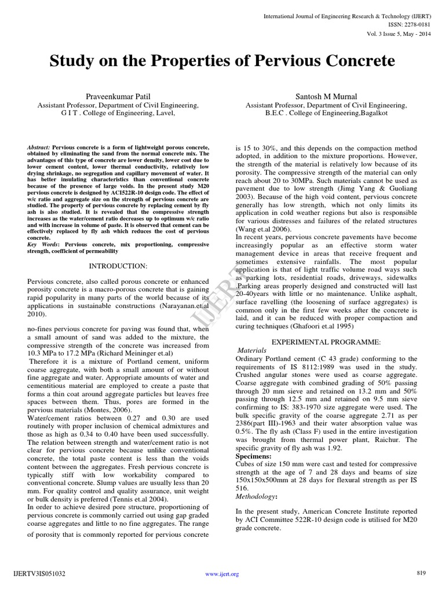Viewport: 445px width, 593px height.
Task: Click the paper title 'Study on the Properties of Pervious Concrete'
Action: coord(222,61)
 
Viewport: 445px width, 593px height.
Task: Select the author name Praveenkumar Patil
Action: coord(118,97)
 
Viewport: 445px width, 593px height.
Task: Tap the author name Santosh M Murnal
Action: coord(326,97)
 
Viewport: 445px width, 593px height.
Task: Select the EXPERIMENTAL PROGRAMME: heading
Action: coord(327,343)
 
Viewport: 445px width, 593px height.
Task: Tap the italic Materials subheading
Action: coord(252,351)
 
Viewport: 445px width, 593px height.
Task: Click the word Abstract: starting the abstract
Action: coord(39,148)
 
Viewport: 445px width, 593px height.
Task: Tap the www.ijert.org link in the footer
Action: coord(222,574)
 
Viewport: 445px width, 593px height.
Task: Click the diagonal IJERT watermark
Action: coord(222,296)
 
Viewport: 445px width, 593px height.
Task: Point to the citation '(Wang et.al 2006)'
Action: coord(261,229)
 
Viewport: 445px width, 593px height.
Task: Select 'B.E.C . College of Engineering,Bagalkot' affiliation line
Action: coord(326,113)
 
